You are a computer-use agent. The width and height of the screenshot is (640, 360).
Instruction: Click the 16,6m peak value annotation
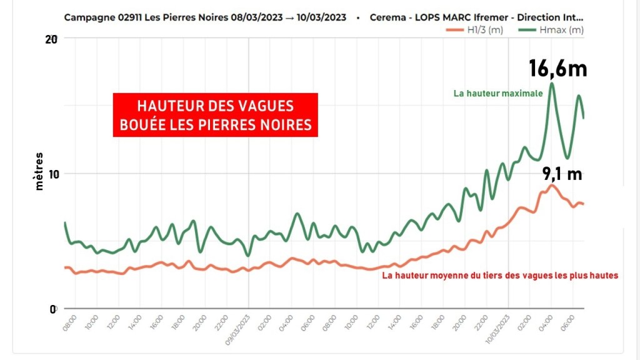(x=558, y=68)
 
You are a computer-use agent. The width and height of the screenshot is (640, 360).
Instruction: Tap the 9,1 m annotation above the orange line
(x=562, y=174)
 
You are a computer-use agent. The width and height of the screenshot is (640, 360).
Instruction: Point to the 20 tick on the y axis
(x=51, y=39)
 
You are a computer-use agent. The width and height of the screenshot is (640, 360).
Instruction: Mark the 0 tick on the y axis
(x=54, y=308)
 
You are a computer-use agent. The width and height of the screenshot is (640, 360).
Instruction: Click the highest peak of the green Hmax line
(x=552, y=83)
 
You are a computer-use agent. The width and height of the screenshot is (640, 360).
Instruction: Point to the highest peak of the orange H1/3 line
(x=551, y=185)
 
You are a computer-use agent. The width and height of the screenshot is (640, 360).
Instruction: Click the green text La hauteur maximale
(x=498, y=94)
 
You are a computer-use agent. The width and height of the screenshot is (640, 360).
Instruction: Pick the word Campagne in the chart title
(x=90, y=17)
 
